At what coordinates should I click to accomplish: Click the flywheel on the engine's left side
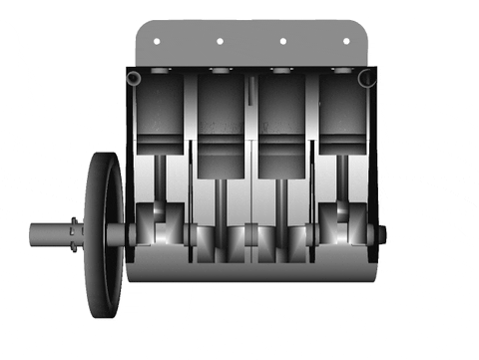[x=104, y=234]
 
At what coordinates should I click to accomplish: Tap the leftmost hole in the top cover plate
[x=156, y=41]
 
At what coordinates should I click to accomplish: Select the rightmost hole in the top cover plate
[x=347, y=41]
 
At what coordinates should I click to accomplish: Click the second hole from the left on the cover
[x=219, y=41]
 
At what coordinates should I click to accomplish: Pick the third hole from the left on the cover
[x=282, y=41]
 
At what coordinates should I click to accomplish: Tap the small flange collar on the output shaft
[x=75, y=234]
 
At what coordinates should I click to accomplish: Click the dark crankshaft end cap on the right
[x=381, y=234]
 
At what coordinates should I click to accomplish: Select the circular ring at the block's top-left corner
[x=138, y=77]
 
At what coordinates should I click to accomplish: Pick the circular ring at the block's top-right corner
[x=366, y=77]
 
